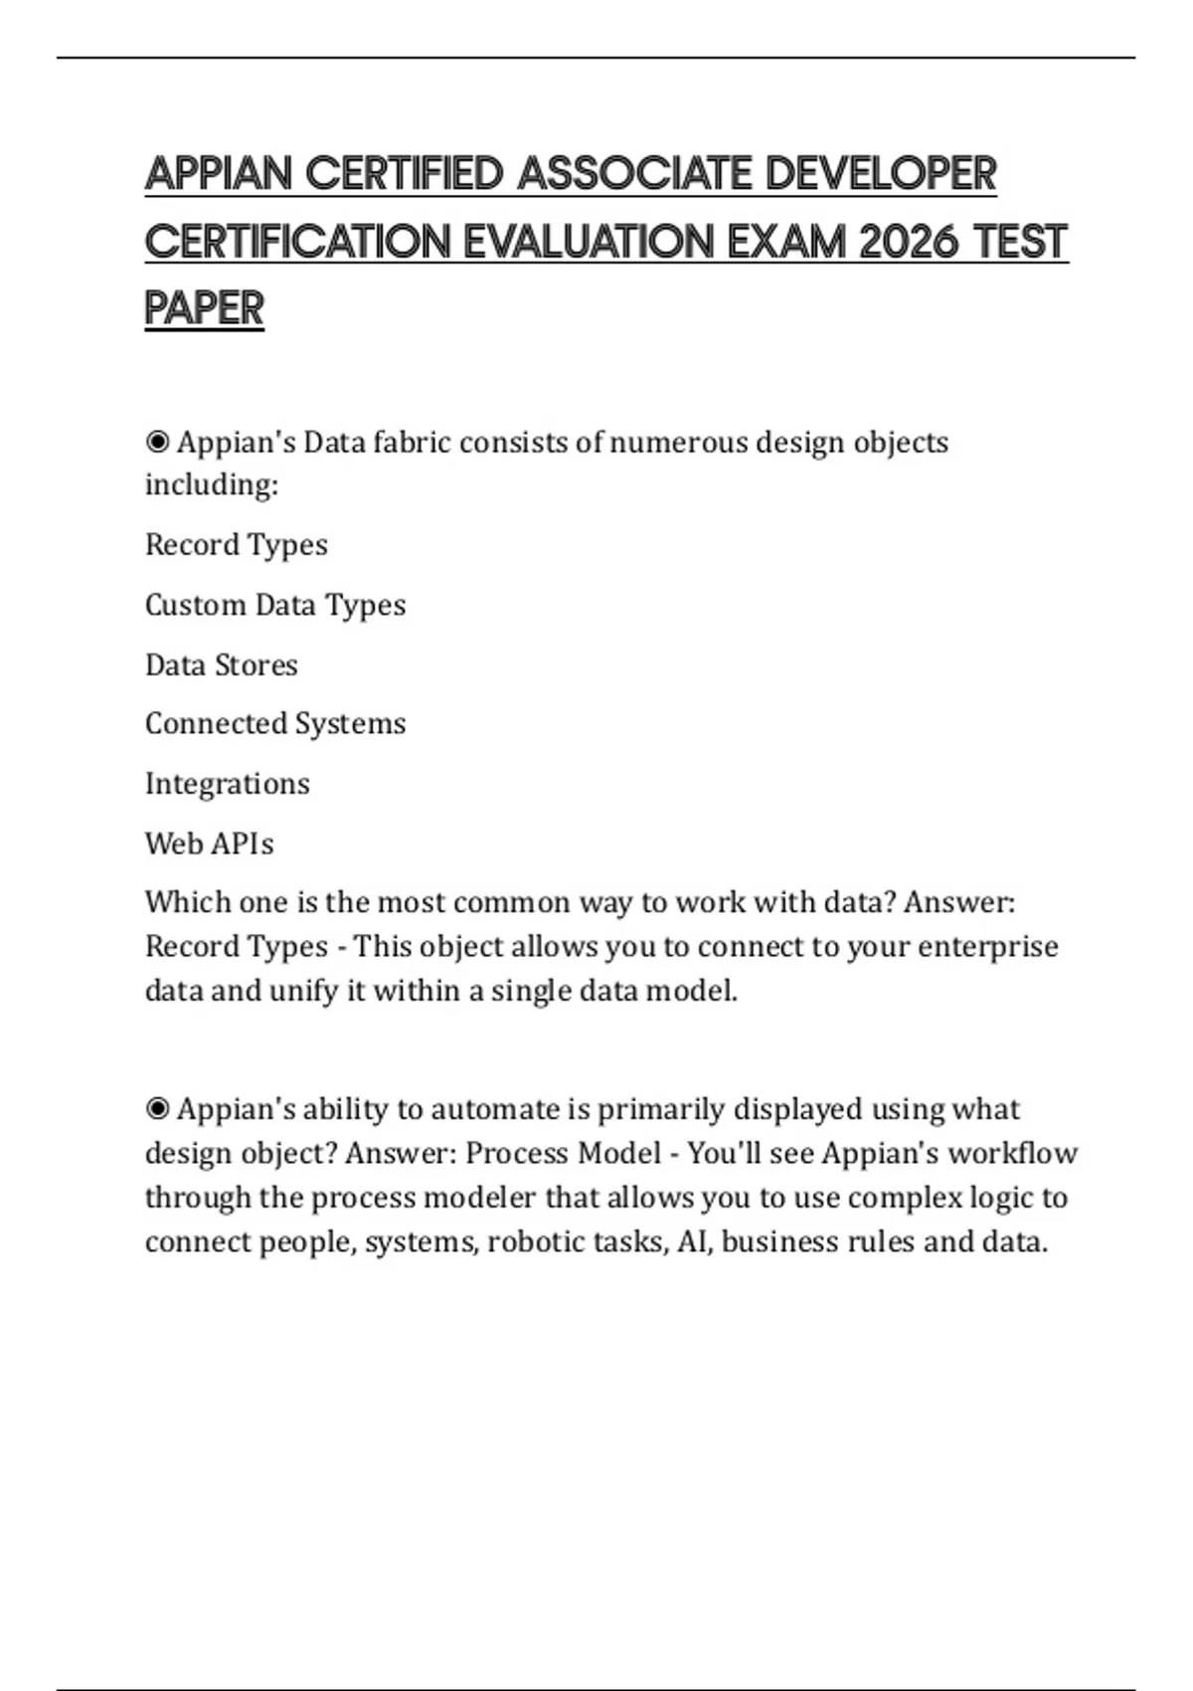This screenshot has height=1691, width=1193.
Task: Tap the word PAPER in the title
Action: click(x=205, y=308)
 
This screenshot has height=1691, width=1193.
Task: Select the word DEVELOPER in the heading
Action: click(x=881, y=174)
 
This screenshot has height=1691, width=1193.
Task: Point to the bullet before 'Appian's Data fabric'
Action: click(x=157, y=442)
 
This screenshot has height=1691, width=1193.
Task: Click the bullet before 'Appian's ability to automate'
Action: click(x=157, y=1108)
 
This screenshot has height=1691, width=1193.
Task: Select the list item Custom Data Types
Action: click(x=275, y=605)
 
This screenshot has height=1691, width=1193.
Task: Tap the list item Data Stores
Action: click(x=222, y=664)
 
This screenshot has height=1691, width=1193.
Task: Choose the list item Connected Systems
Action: click(x=275, y=723)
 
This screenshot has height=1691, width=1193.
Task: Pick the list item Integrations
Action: click(x=228, y=784)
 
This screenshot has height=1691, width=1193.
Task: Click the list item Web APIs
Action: click(x=209, y=844)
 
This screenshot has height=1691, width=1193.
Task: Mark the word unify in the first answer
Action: click(x=303, y=991)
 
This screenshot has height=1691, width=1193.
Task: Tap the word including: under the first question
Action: click(x=212, y=485)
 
